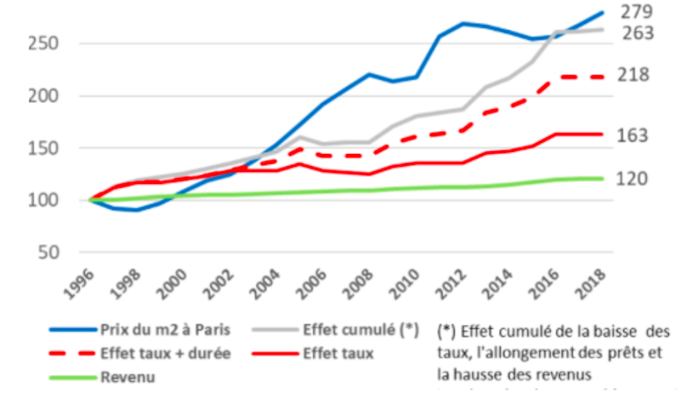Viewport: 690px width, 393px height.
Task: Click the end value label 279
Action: (x=638, y=12)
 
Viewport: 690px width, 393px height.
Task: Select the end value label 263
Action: (x=638, y=33)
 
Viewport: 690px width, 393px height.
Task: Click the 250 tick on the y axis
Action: (x=44, y=44)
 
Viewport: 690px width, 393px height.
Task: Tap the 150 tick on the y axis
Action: (x=44, y=148)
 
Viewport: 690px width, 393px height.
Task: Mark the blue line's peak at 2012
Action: (x=465, y=23)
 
